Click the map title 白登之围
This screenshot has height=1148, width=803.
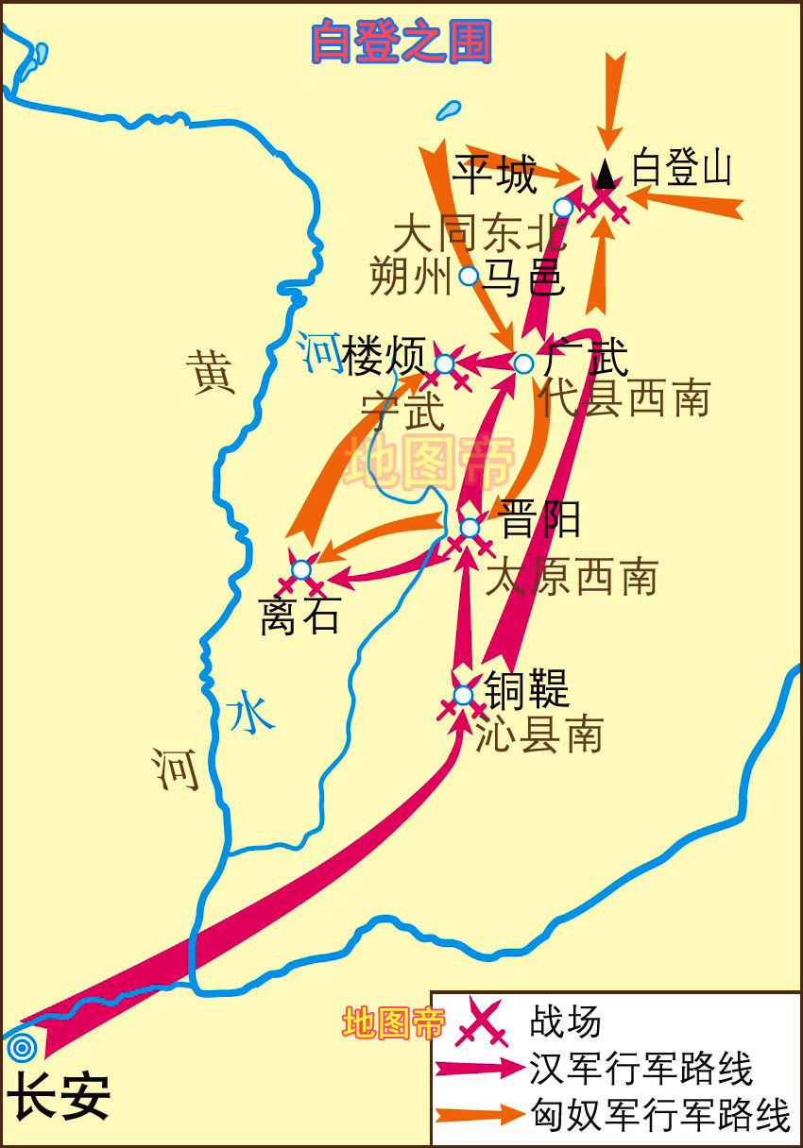point(401,42)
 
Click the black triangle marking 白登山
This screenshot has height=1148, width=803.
point(605,174)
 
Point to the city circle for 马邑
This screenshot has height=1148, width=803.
point(468,276)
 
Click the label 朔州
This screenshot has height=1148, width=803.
point(408,278)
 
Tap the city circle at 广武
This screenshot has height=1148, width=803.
point(524,363)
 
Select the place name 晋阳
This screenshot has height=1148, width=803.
point(539,518)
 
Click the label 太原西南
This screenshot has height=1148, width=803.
point(572,576)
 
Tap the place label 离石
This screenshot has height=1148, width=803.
point(299,618)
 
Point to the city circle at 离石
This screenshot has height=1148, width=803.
point(300,569)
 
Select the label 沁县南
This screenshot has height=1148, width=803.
point(538,734)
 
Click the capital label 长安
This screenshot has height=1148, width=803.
point(59,1098)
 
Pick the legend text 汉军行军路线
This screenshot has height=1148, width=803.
point(641,1070)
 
